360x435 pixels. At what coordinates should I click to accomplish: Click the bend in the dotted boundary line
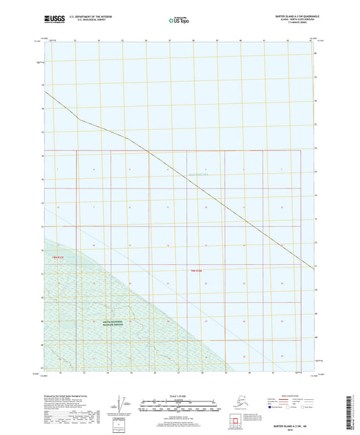[x=80, y=120]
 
